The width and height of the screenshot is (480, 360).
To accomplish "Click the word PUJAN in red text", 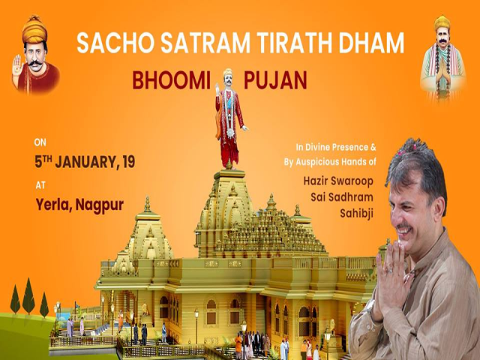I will point(278,80).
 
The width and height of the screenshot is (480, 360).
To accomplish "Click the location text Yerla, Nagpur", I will point(79,202).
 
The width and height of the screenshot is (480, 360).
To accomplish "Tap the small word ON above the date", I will point(40,141).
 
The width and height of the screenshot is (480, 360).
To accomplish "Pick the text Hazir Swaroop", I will point(337,181).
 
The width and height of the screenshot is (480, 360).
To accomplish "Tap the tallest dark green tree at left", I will point(28,295).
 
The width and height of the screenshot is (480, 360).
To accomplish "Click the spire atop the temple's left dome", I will point(147,205).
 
